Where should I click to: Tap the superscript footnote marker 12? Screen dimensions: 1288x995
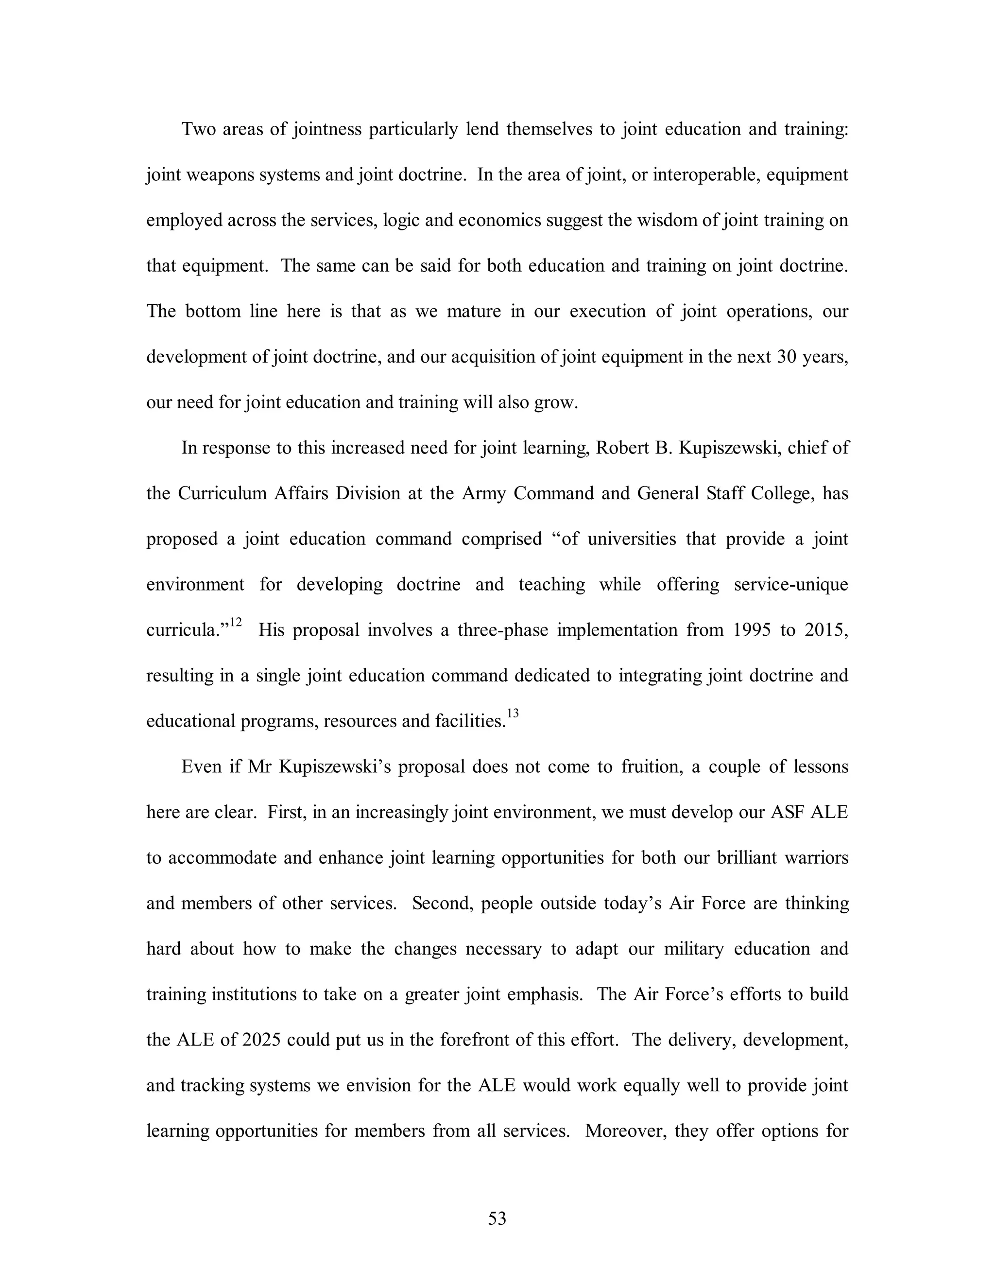coord(236,622)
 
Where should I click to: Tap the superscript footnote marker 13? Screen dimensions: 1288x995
coord(513,713)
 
